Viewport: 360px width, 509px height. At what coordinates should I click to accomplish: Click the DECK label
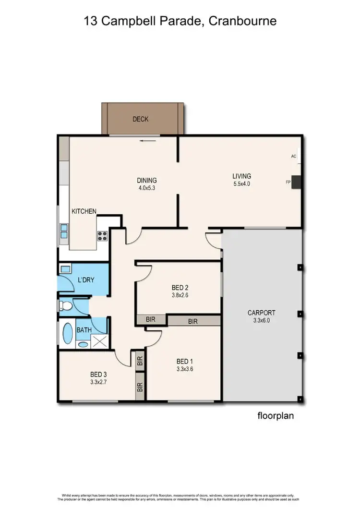click(x=141, y=119)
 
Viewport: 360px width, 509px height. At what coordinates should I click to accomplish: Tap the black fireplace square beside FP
click(x=297, y=182)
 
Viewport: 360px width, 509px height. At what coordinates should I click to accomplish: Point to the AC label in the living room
click(x=293, y=157)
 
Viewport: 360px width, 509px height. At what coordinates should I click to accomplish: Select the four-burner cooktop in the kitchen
click(x=102, y=236)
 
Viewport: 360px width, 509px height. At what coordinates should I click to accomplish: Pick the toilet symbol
click(x=65, y=305)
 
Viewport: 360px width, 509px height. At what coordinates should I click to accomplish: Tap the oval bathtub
click(x=67, y=332)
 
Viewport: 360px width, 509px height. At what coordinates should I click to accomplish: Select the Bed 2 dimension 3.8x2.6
click(x=180, y=295)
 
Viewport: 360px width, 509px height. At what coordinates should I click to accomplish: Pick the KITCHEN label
click(x=84, y=211)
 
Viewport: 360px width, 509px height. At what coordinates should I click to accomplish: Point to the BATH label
click(x=84, y=330)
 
